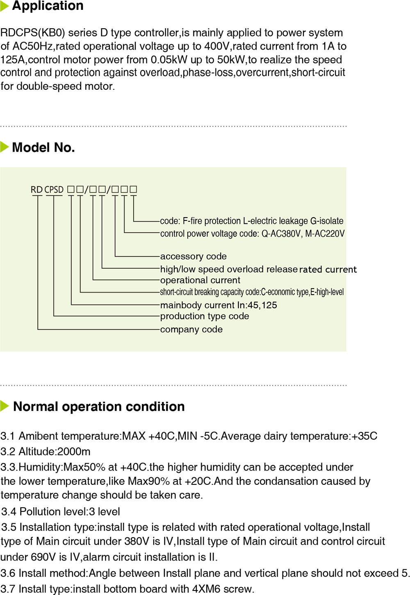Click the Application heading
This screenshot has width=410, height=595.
point(48,6)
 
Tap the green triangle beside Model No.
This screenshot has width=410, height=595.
point(5,147)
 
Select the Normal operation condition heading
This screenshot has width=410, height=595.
point(99,407)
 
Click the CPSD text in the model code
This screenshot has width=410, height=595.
point(54,190)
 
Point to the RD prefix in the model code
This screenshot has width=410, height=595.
point(36,190)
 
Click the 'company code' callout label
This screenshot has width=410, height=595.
point(191,329)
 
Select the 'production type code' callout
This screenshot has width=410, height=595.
point(204,316)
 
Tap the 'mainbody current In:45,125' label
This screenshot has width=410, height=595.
point(218,305)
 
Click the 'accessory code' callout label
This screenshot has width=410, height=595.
point(193,257)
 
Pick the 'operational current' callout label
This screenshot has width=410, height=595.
point(200,280)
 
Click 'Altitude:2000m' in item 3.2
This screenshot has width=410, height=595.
point(55,452)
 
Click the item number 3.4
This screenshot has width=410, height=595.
point(9,512)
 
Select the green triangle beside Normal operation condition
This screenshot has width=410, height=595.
point(5,406)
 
